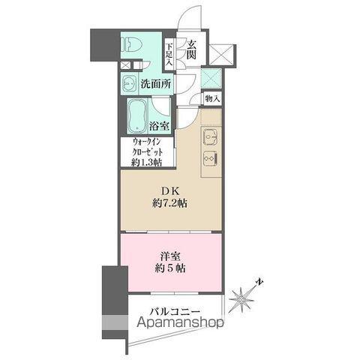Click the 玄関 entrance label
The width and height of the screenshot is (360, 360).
[x=193, y=52]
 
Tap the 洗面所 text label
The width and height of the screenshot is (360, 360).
[x=156, y=85]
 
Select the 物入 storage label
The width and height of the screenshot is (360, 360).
[x=211, y=98]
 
